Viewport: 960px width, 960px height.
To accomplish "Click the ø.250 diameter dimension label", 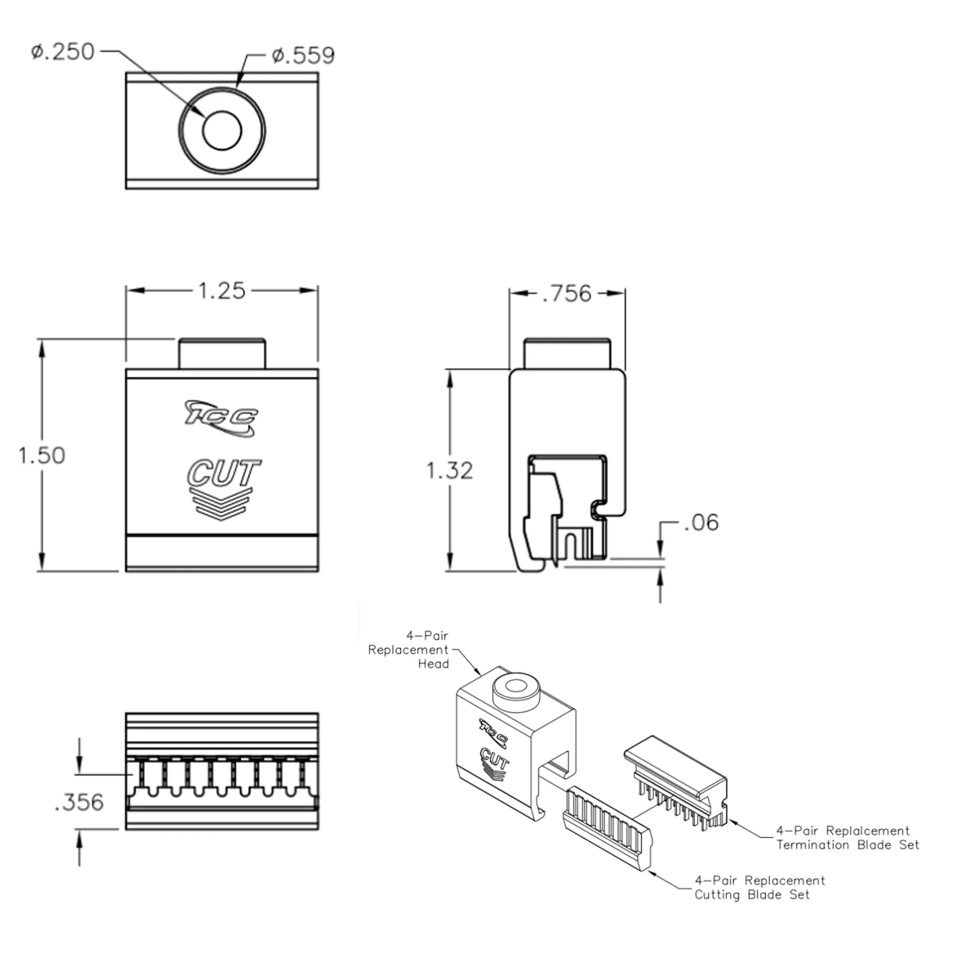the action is coord(62,52).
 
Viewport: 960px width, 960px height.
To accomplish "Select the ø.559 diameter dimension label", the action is coord(303,55).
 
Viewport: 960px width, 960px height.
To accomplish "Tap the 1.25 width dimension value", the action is coord(222,291).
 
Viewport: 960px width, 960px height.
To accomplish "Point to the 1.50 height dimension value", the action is coord(42,456).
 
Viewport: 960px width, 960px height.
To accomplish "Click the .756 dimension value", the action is coord(567,294).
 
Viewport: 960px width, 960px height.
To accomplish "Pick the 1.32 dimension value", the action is coord(450,470).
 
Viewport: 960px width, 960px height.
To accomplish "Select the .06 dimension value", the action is coord(701,523).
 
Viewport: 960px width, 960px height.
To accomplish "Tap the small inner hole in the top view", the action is coord(222,130).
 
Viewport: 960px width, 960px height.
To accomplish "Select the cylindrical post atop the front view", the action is coord(222,354).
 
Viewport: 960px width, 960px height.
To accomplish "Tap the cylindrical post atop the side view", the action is coord(567,354).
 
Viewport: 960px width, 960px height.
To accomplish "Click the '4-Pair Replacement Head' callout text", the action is coord(408,649).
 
